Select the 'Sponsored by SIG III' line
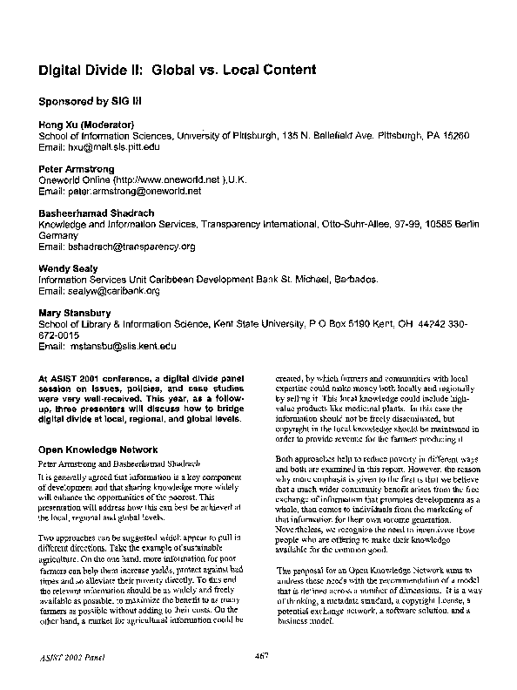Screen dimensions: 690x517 85,101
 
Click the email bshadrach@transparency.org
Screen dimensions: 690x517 129,247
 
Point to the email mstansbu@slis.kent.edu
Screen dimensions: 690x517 121,346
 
